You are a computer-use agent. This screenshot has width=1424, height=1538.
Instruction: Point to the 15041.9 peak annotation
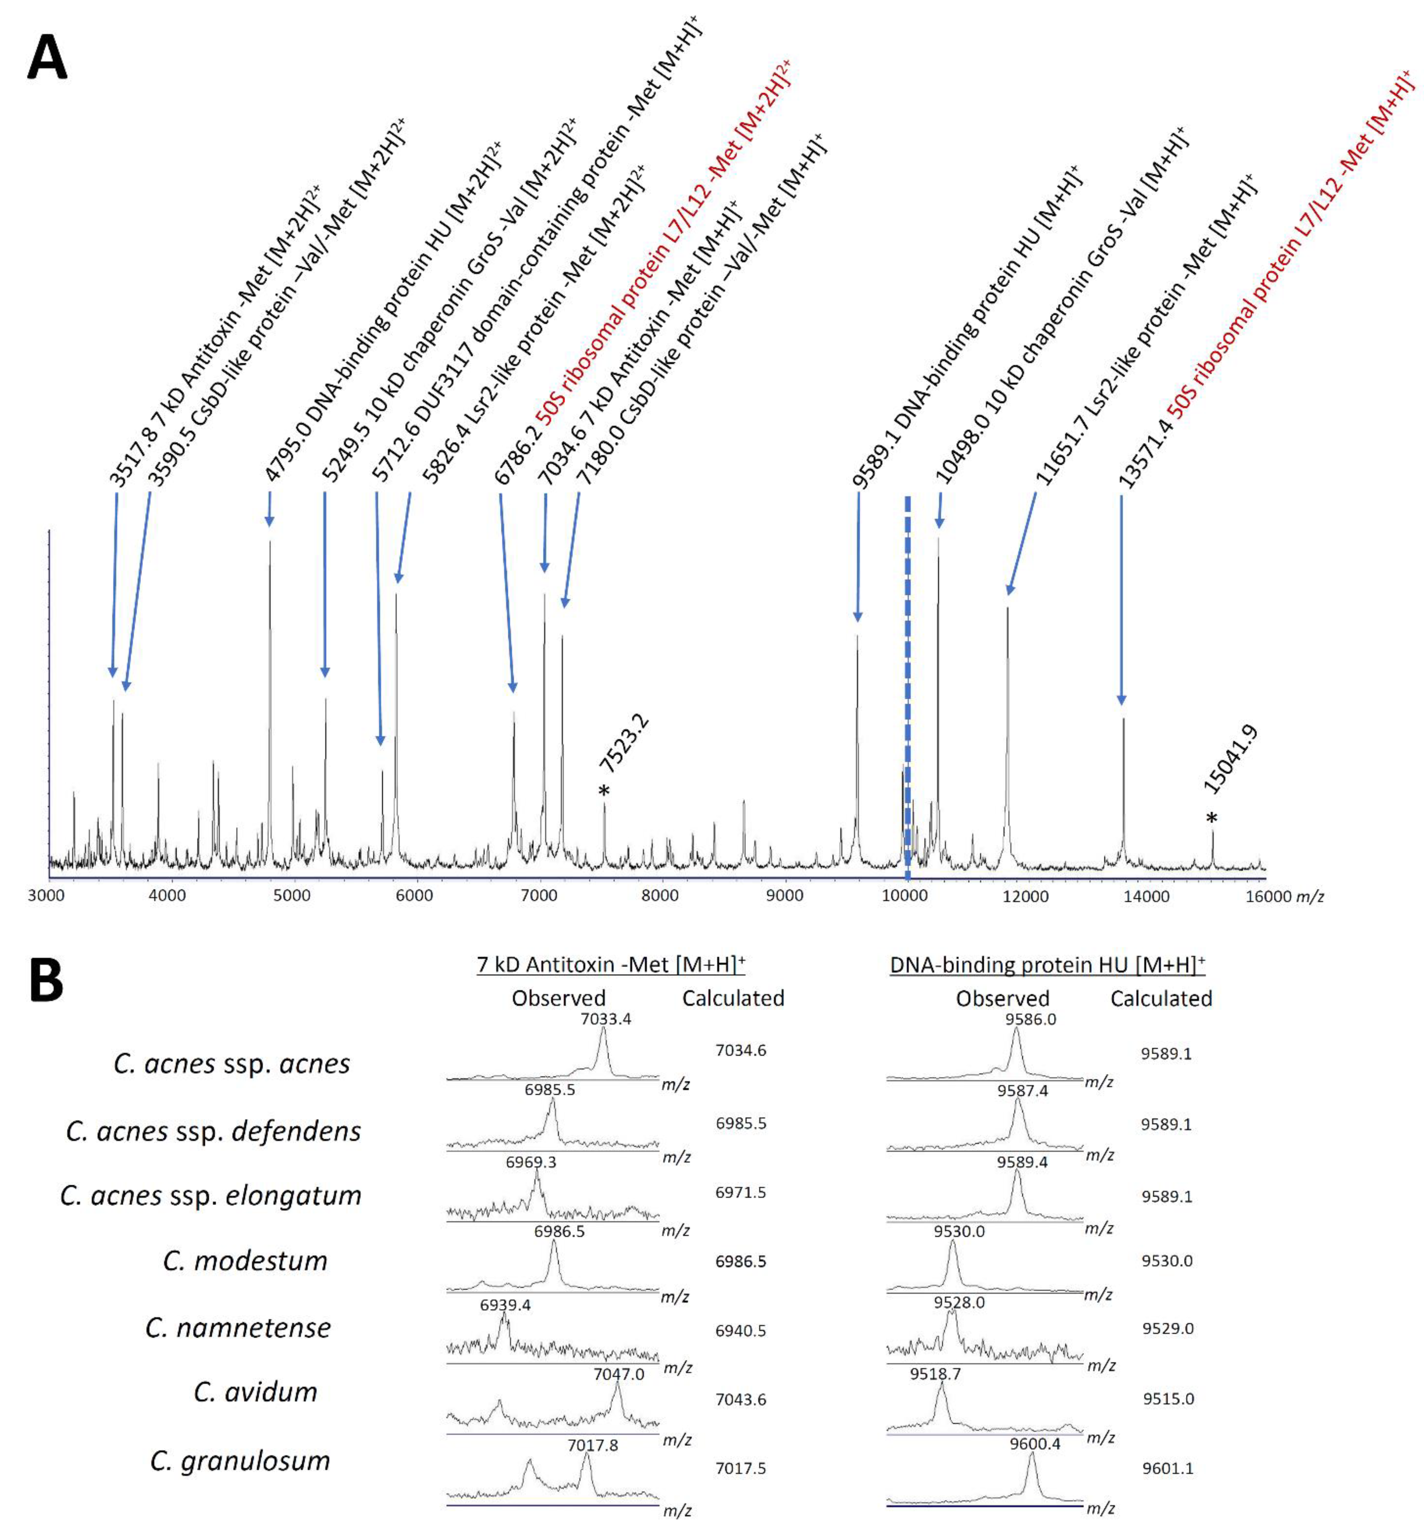tap(1231, 759)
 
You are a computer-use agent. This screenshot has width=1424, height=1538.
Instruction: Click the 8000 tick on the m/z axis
tap(661, 896)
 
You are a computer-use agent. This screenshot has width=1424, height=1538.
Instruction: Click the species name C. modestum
tap(245, 1261)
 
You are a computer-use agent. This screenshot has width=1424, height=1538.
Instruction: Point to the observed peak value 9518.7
tap(935, 1374)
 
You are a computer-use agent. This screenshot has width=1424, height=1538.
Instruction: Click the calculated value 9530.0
tap(1167, 1261)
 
